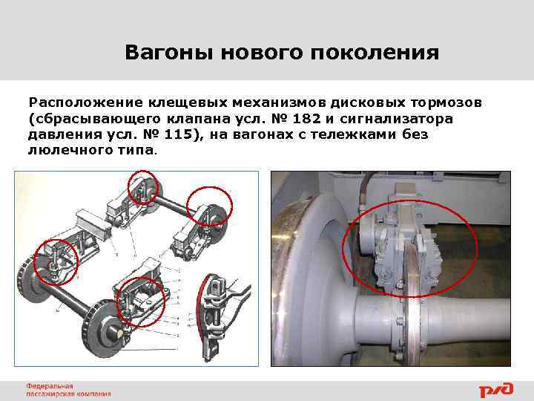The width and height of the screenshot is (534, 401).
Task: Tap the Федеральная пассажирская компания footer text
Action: [67, 389]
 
